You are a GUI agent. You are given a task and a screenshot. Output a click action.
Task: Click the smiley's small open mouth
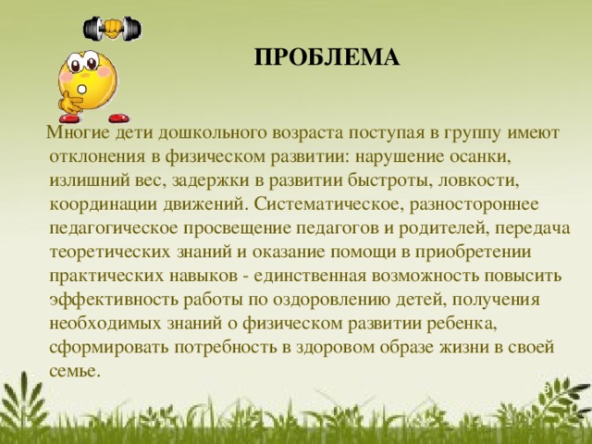(x=82, y=90)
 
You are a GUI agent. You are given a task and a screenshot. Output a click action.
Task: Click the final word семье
(x=75, y=371)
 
